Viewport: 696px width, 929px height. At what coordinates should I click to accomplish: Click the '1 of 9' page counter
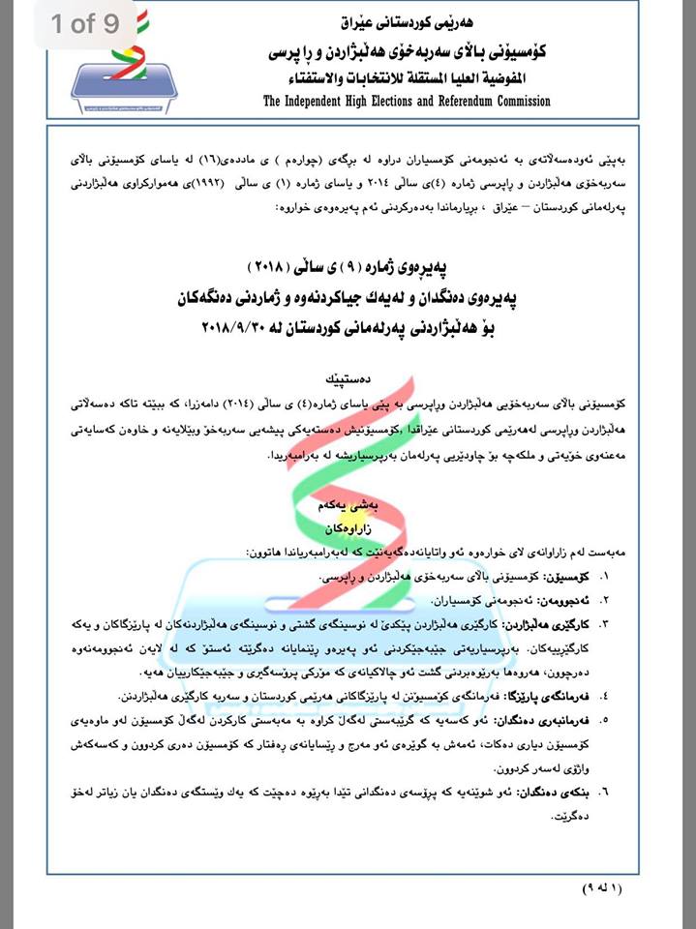coord(85,24)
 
